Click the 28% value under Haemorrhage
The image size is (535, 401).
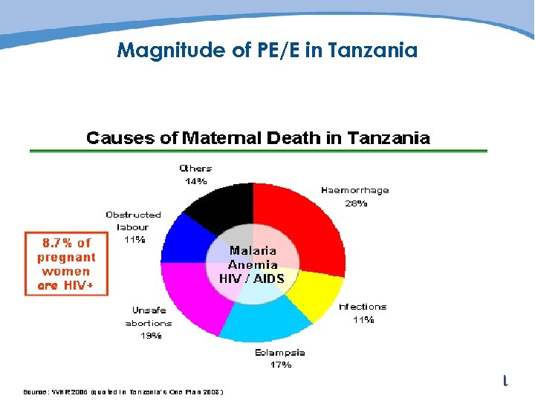(x=355, y=203)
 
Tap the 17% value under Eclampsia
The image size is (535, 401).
(x=280, y=365)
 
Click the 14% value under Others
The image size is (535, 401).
(x=196, y=181)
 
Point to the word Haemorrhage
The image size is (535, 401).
(x=355, y=190)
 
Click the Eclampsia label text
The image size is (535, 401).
(x=280, y=352)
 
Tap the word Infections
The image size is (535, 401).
(x=363, y=307)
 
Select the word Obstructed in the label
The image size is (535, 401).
(x=133, y=215)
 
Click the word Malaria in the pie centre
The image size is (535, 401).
(x=253, y=250)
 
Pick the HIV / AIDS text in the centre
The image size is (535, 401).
(x=252, y=278)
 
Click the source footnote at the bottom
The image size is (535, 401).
(x=123, y=391)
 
